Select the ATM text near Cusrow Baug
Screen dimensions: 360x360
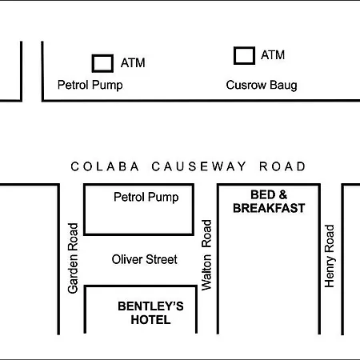[x=273, y=55]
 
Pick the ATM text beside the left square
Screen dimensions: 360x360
[x=133, y=63]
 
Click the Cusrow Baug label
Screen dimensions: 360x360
[x=262, y=86]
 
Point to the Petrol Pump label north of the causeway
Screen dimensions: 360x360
[x=90, y=86]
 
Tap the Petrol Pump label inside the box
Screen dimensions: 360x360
[x=146, y=198]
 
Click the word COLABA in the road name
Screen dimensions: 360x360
[x=105, y=166]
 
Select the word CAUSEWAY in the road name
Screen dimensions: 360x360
[x=198, y=166]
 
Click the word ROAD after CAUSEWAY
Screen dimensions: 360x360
[x=282, y=166]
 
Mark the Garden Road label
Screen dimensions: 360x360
[x=73, y=258]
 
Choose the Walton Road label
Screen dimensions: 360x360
[x=206, y=255]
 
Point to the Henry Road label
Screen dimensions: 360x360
[x=330, y=256]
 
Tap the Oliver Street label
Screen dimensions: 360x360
[x=144, y=259]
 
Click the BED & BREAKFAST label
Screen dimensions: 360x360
[x=269, y=202]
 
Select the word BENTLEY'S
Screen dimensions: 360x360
[x=150, y=306]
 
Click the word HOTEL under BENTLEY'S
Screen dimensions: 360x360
[x=150, y=320]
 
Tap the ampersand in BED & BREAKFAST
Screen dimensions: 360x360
[x=283, y=194]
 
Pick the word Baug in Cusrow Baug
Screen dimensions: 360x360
[x=283, y=86]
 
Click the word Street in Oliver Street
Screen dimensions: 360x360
[x=162, y=259]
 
